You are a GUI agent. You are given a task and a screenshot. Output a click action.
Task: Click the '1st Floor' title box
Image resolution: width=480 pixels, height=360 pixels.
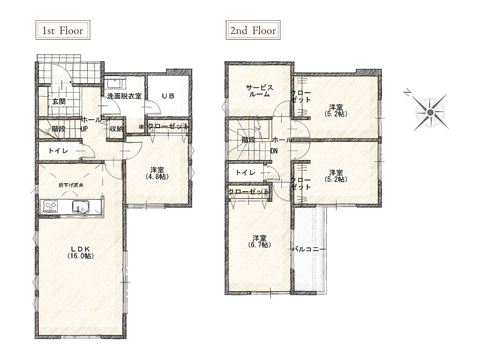point(63,30)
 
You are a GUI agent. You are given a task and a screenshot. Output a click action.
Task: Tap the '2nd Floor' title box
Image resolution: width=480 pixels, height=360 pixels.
point(253,30)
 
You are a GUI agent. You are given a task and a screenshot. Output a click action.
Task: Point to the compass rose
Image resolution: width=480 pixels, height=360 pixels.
point(430,112)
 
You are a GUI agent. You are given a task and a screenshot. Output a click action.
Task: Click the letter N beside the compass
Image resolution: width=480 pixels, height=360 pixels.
point(407,92)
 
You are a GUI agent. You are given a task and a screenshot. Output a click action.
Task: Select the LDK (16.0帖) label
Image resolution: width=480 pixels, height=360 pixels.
point(81,252)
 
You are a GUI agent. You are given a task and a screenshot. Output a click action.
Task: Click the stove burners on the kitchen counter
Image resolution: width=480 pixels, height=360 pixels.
point(51,207)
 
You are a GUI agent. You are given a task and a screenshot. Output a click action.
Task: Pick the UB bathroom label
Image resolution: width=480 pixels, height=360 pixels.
point(168,96)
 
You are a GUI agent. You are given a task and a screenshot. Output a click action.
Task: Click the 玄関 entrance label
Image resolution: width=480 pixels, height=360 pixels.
point(59,101)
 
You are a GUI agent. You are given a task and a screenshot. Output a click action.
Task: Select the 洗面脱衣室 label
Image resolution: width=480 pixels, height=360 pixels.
point(124,96)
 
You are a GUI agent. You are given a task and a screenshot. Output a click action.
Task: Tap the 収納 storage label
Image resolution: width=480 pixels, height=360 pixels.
point(117,129)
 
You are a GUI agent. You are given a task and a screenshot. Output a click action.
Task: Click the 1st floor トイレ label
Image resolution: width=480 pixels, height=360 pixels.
point(58,151)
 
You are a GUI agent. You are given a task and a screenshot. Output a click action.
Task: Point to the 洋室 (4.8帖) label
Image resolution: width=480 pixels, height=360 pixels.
point(157,173)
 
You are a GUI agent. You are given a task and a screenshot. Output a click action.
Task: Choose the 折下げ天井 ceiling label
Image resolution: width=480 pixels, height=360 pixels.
point(71,185)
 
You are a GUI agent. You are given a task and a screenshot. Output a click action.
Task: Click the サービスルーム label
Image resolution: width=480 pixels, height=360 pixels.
point(259,91)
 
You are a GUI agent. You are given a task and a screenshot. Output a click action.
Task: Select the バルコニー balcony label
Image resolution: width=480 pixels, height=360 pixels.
point(309,249)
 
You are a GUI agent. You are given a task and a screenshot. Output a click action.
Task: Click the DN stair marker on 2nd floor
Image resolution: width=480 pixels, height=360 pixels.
point(274,151)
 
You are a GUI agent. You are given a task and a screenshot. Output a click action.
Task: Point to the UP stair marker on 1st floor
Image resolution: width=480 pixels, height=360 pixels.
point(84,129)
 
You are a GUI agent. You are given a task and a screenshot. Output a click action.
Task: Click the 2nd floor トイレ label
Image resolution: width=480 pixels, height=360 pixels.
point(245,173)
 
